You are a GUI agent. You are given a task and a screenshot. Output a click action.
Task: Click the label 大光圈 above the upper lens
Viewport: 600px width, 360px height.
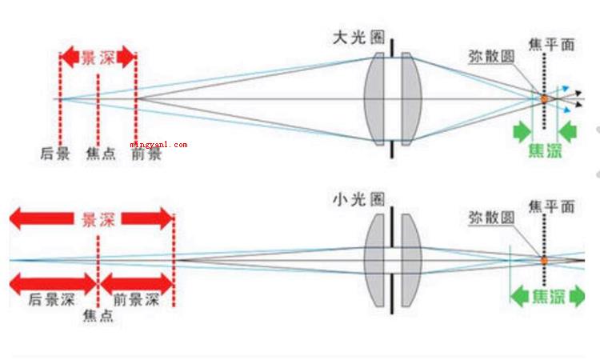pos(358,38)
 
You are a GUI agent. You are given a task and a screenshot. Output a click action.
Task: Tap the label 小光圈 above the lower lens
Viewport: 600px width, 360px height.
pos(358,199)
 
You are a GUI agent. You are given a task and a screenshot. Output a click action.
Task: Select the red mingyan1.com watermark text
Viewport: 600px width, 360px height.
pos(159,145)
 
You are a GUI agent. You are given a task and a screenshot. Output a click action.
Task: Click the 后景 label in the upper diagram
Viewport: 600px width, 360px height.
pos(55,154)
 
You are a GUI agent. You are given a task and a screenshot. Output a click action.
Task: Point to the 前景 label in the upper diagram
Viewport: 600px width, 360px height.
pos(146,154)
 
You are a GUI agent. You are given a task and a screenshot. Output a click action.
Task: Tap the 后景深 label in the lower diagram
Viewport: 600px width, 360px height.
pos(52,299)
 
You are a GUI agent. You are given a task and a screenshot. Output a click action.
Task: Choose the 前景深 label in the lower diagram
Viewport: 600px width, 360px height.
pos(136,299)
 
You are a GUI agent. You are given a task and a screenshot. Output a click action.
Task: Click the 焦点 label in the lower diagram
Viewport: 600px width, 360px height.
pos(98,316)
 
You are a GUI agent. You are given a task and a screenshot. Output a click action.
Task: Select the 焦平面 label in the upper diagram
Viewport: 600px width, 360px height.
pos(552,45)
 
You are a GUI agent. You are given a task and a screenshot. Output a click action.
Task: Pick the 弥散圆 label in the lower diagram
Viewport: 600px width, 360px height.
pos(492,218)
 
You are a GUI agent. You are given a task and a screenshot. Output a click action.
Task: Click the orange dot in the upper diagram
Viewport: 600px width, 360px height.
pos(544,99)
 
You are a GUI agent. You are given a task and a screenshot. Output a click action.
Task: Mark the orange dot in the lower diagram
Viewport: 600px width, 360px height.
pos(544,261)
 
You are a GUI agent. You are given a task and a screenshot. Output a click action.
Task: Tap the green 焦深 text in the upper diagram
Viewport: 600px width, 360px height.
pos(546,150)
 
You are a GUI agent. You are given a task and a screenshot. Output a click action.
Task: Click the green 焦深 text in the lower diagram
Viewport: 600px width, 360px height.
pos(549,297)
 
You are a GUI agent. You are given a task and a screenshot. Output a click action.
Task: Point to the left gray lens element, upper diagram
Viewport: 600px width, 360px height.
pos(374,99)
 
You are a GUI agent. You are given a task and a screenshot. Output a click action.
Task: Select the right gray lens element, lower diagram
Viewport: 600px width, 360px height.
pos(412,261)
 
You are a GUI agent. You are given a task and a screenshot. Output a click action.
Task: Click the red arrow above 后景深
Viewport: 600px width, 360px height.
pos(53,284)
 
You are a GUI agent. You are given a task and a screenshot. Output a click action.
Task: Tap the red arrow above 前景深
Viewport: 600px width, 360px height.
pos(137,284)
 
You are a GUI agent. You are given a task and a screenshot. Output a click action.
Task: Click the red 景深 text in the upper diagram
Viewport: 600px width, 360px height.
pos(98,58)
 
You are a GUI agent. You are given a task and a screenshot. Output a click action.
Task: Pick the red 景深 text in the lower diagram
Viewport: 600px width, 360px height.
pos(98,219)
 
